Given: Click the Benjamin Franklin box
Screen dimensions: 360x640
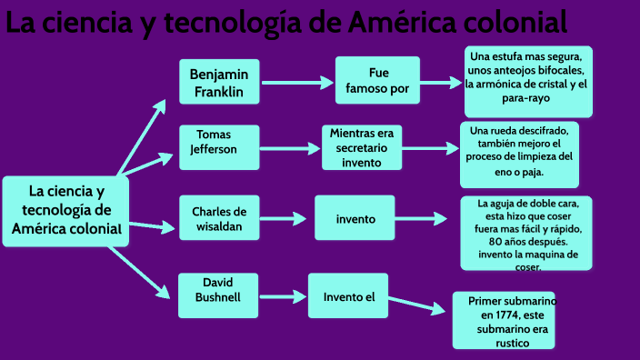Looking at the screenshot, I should [x=218, y=82].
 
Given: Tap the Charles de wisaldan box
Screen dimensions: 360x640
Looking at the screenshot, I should [x=218, y=218].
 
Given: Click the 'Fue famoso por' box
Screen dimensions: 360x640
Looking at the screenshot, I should [x=377, y=81].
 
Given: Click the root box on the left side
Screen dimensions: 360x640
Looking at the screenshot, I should [x=65, y=210].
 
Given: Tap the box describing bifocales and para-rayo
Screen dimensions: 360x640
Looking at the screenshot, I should [x=526, y=80].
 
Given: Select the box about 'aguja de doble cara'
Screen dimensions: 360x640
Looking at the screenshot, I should [x=526, y=233].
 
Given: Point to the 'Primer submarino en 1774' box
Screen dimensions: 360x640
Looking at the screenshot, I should [x=505, y=321].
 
